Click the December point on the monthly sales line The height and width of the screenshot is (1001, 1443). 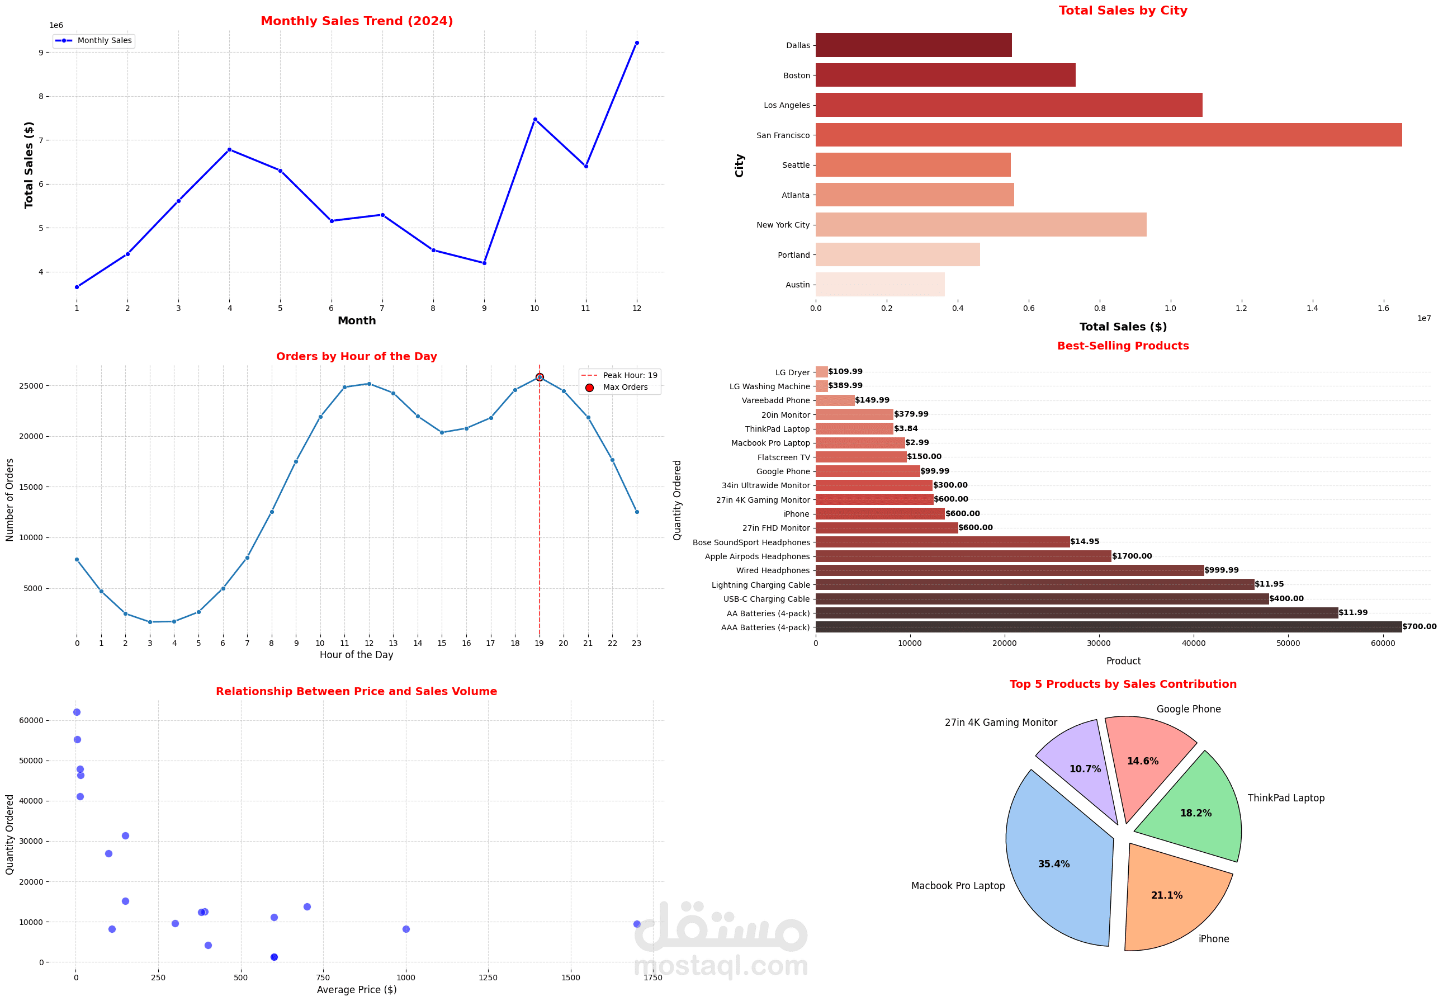coord(637,43)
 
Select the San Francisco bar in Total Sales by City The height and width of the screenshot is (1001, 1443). coord(1108,135)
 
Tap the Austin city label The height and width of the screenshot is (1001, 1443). coord(797,285)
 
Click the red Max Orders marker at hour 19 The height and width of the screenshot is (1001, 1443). coord(540,377)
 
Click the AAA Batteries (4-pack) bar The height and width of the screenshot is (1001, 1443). coord(1108,626)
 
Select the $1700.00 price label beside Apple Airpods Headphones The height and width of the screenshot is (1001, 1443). coord(1132,556)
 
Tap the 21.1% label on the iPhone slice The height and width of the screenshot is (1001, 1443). coord(1166,895)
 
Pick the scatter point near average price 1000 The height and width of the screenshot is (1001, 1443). coord(406,929)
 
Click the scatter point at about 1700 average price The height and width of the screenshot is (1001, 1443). coord(637,924)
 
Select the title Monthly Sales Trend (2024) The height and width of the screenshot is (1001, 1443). coord(356,21)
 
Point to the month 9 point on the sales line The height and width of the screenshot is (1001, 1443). coord(484,263)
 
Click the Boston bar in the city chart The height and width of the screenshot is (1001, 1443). coord(944,75)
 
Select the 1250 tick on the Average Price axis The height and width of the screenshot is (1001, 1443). coord(488,977)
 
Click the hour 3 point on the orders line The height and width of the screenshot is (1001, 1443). coord(150,621)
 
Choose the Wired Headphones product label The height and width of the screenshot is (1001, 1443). coord(773,570)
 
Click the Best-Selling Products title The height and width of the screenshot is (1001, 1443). coord(1123,346)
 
